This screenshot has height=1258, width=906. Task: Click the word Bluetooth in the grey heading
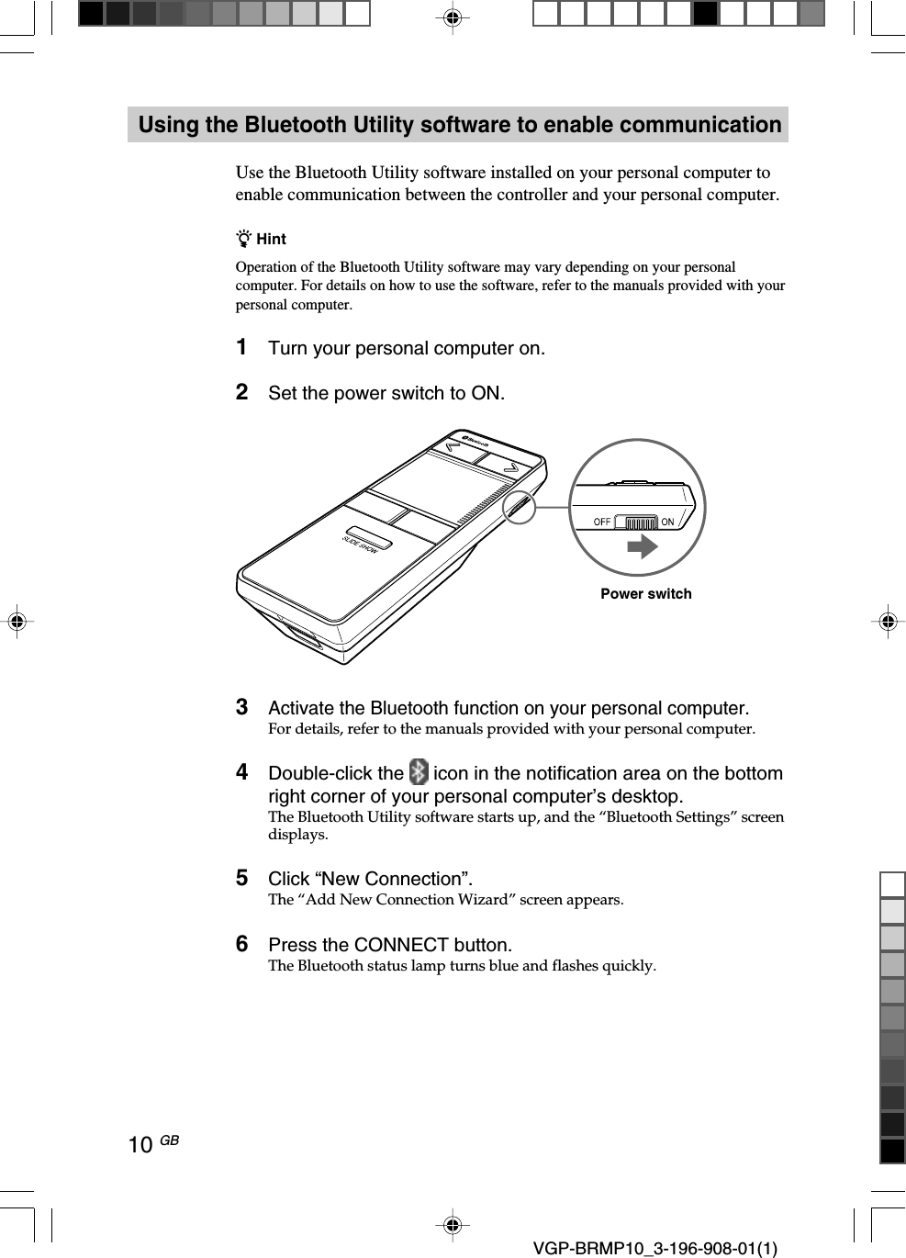(x=300, y=125)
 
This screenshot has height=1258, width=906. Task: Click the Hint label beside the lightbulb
(x=271, y=240)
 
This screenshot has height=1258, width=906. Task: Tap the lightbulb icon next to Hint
(x=244, y=239)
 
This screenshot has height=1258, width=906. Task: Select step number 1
(x=241, y=347)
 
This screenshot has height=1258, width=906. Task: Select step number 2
(x=241, y=392)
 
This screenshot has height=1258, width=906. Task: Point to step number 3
(x=241, y=707)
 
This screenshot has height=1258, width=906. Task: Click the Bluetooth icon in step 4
(x=419, y=771)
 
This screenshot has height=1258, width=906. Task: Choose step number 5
(x=241, y=878)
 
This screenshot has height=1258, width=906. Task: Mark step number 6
(x=241, y=944)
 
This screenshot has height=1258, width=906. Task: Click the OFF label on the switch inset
(x=602, y=522)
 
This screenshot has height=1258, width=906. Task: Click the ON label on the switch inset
(x=667, y=522)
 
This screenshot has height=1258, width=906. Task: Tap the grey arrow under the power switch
(x=643, y=547)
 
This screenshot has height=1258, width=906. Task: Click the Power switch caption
(x=646, y=594)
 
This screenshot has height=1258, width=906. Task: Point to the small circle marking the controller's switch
(x=520, y=506)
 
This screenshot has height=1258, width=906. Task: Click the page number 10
(x=140, y=1145)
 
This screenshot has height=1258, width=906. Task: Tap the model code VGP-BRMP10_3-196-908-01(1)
(x=654, y=1249)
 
